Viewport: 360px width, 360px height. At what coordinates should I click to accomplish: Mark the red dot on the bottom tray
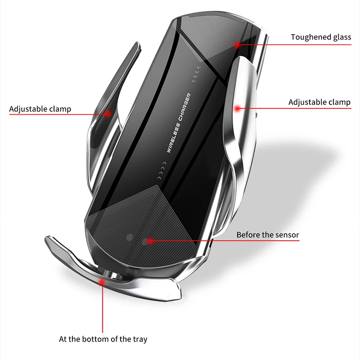coord(103,282)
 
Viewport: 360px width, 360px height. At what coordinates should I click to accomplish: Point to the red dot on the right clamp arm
coord(237,108)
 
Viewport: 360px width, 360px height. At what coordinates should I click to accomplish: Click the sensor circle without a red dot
coord(130,237)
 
